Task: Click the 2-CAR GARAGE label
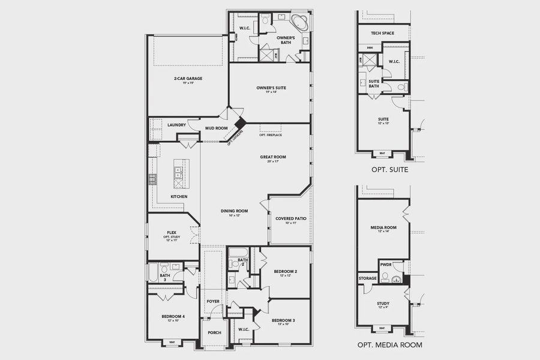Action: (x=188, y=78)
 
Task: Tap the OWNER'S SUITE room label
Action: (x=271, y=88)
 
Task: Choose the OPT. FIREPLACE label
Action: (x=271, y=135)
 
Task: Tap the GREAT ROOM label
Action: (x=273, y=157)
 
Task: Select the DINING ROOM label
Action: (x=235, y=211)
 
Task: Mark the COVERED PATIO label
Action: (x=291, y=218)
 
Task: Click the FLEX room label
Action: (x=171, y=232)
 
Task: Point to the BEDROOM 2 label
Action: (x=286, y=271)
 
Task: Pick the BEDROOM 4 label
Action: (x=173, y=316)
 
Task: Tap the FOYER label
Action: (x=214, y=302)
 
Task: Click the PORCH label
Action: (x=214, y=332)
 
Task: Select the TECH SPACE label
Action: (x=383, y=33)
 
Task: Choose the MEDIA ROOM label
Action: (x=383, y=227)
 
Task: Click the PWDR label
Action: (x=386, y=264)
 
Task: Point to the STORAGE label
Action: (x=368, y=278)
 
